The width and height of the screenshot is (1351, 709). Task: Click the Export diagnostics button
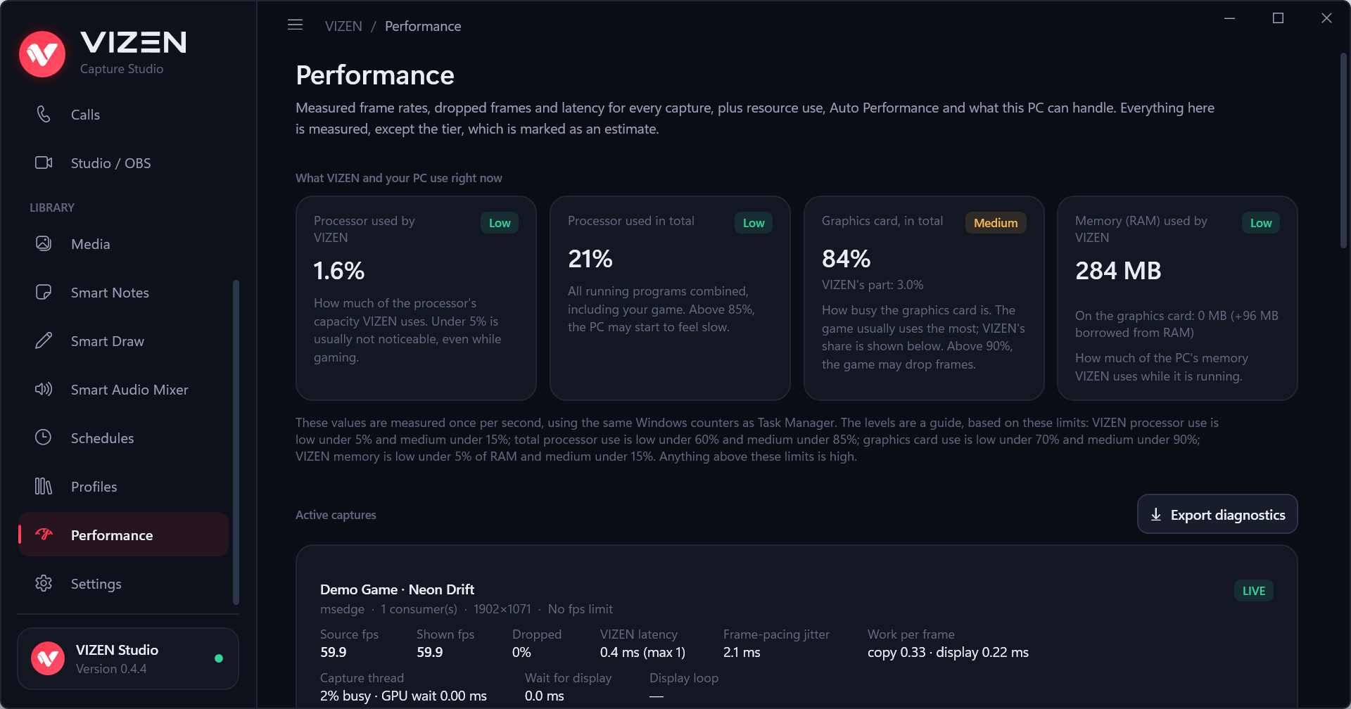[1217, 514]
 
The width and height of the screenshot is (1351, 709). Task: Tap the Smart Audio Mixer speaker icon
[44, 389]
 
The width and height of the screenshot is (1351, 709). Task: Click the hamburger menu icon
[296, 25]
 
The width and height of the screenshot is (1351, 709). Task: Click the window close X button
[1326, 18]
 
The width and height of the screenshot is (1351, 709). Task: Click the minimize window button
[1230, 18]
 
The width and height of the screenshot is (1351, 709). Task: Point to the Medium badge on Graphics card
[996, 223]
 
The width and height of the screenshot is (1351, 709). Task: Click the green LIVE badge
[1254, 591]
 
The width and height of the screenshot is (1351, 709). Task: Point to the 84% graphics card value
[846, 259]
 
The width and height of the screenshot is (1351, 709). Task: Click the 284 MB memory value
[1118, 271]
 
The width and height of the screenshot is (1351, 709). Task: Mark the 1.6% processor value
[339, 271]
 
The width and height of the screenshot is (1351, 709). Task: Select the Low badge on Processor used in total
[754, 223]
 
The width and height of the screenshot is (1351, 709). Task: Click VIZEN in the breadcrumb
[343, 26]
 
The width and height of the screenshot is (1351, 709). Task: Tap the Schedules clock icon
[44, 437]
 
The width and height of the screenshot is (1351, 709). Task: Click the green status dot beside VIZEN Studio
[219, 658]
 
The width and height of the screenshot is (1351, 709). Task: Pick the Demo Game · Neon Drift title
[397, 589]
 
